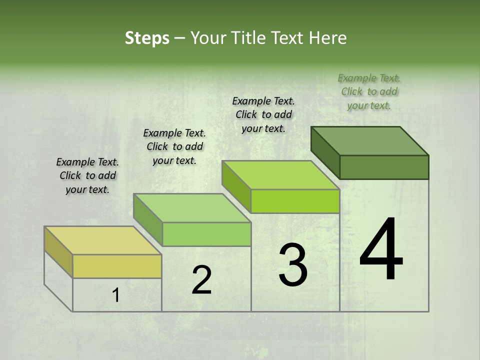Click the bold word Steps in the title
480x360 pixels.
[147, 38]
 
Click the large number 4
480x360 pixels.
[381, 250]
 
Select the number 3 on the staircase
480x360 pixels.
[293, 265]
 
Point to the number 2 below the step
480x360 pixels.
[201, 280]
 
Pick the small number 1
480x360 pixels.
[115, 295]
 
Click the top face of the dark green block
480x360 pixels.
[369, 140]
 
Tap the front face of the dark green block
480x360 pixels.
[384, 167]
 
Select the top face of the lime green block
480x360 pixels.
[280, 174]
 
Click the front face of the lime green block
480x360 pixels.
[295, 201]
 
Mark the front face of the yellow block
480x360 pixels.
[117, 266]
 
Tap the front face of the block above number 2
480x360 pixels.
[206, 234]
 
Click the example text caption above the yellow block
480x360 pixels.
[87, 175]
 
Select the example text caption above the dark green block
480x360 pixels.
[369, 91]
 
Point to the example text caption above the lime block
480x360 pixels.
[263, 114]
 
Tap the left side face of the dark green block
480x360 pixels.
[325, 152]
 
